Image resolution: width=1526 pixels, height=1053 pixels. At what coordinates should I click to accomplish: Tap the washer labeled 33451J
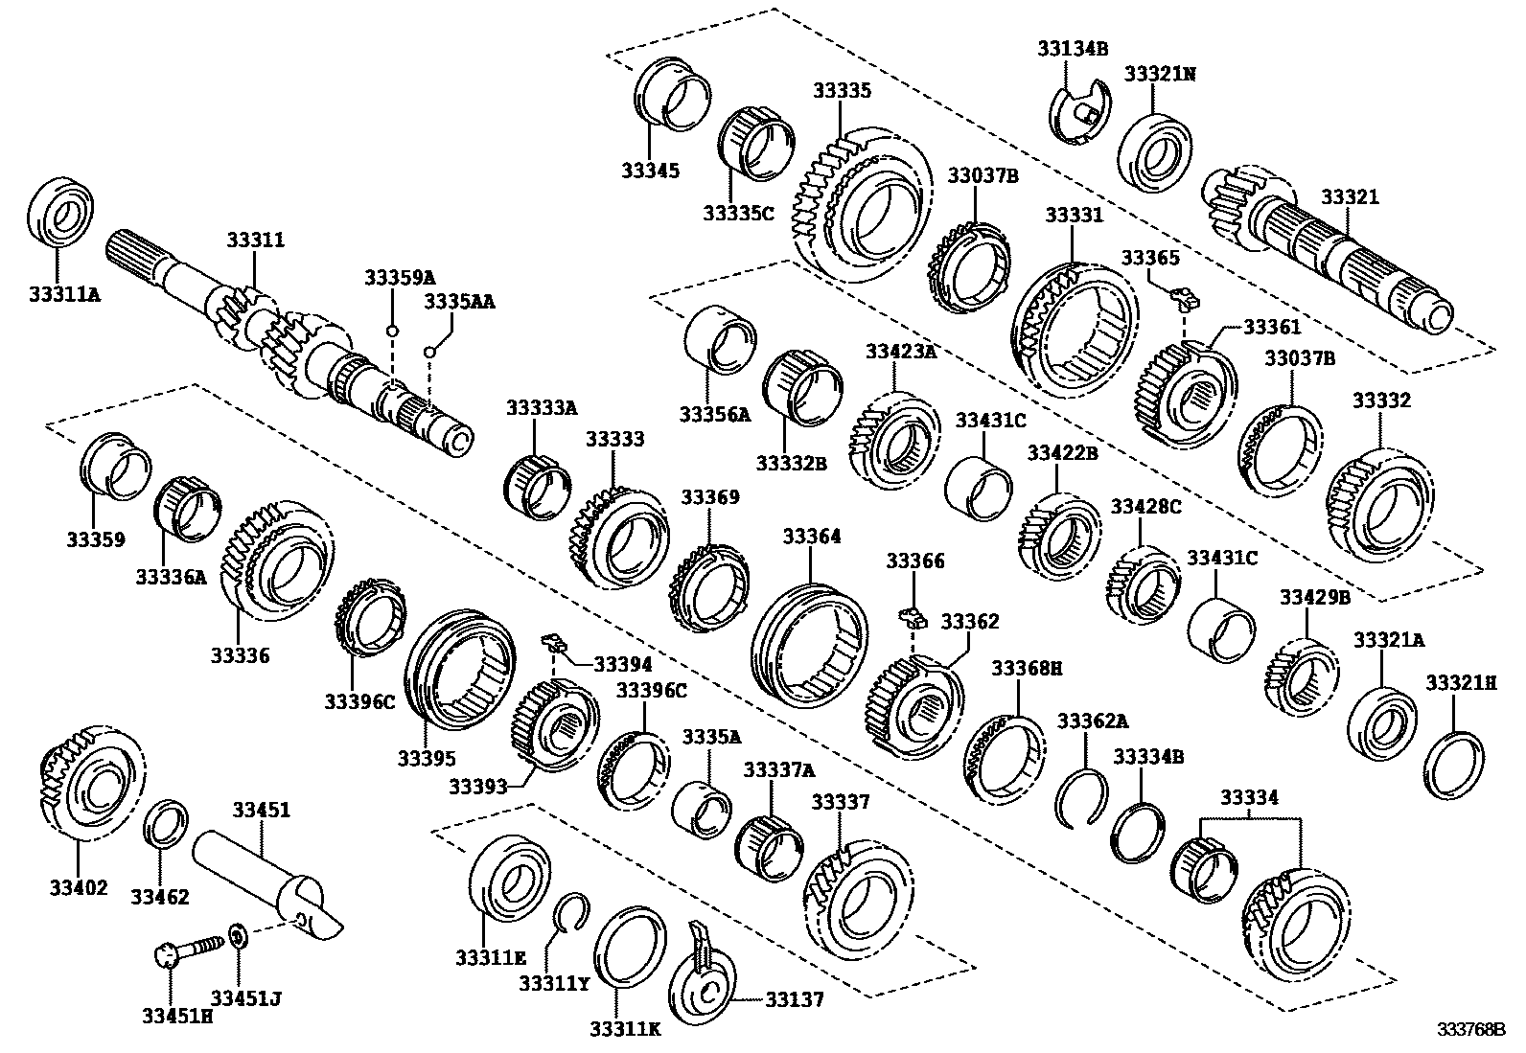(x=238, y=932)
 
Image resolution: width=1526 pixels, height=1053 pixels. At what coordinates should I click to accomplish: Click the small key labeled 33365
(x=1185, y=300)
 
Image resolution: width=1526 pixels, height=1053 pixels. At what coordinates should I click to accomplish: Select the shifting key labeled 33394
(x=551, y=640)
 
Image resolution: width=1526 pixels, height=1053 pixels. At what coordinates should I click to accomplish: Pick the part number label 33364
(x=811, y=536)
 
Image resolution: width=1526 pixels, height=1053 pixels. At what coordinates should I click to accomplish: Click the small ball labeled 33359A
(x=392, y=332)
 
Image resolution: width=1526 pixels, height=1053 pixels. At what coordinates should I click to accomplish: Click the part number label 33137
(x=794, y=1000)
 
